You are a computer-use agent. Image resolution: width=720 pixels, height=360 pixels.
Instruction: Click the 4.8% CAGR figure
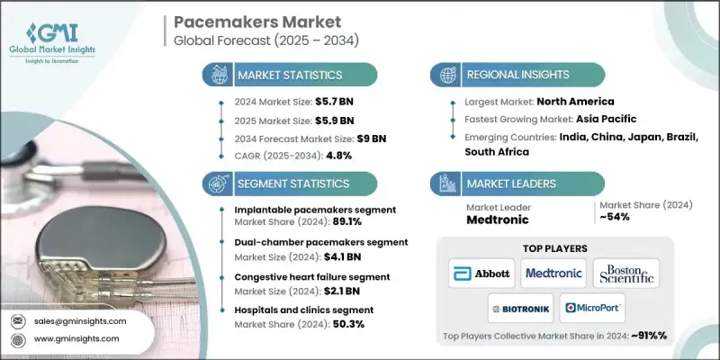coord(337,155)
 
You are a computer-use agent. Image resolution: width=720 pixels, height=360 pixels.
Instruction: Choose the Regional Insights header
coord(513,75)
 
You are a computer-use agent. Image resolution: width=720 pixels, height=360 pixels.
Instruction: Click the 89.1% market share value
coord(346,223)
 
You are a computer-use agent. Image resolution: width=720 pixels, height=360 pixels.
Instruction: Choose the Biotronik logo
coord(519,308)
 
